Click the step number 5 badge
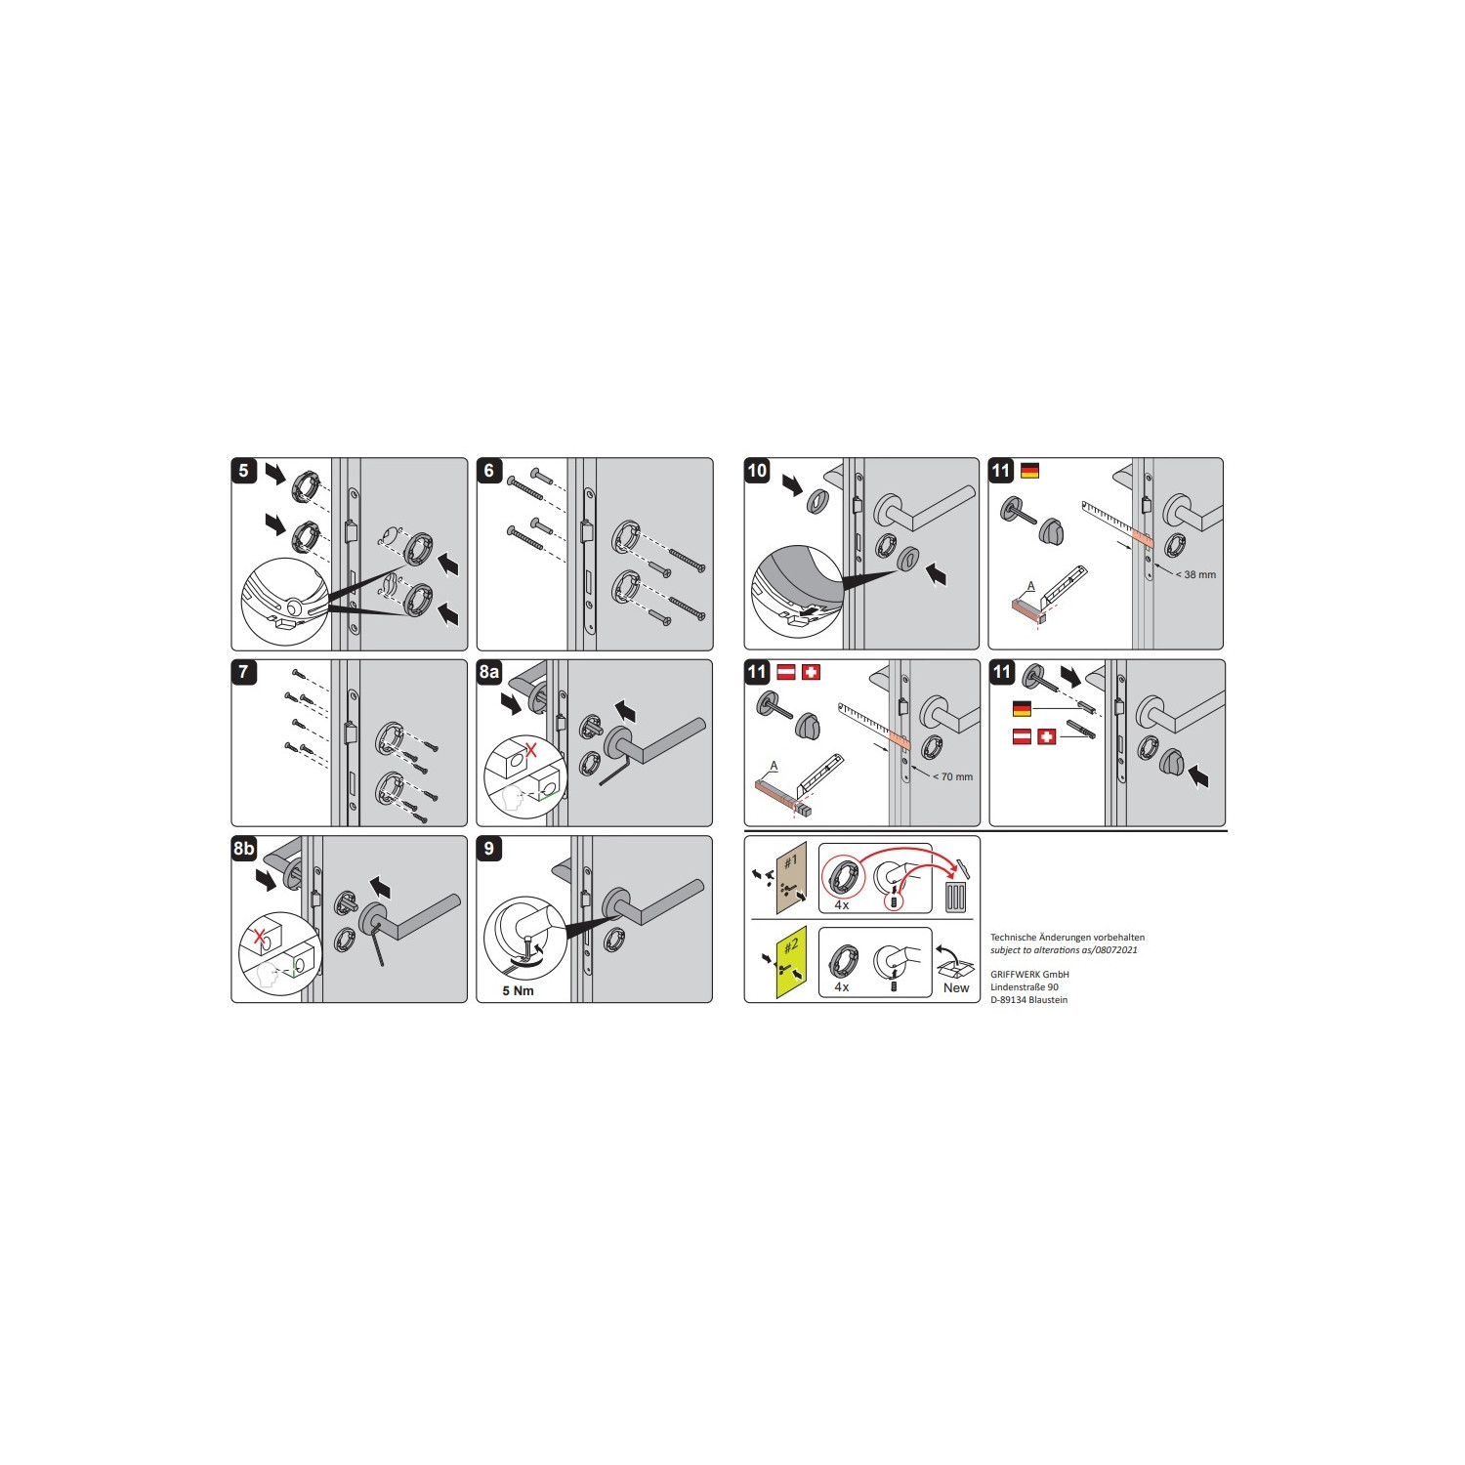244,471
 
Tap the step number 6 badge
489,471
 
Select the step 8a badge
489,672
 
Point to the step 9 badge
489,849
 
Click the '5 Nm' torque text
518,990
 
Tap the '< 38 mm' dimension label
1195,574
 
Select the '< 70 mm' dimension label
952,776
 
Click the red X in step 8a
531,750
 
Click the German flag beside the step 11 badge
1029,471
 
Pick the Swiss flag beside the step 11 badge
811,672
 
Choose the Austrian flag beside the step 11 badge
786,672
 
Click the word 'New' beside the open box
956,987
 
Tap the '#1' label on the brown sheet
790,861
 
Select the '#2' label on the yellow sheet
791,944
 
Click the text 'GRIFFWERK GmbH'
1029,974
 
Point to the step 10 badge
757,471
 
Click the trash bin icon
956,897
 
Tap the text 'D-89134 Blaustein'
1028,999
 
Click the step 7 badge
244,672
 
